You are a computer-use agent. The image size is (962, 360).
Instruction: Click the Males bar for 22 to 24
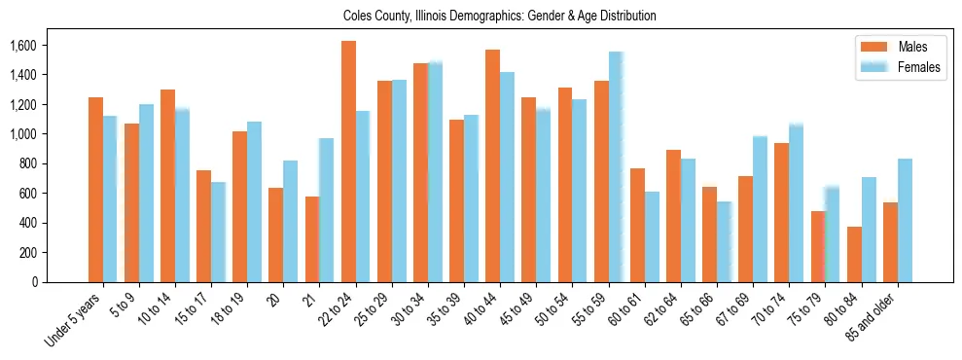click(x=348, y=162)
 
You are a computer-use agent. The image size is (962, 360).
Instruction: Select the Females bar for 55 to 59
click(x=616, y=167)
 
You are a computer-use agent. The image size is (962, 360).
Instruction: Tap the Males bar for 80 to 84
click(x=854, y=254)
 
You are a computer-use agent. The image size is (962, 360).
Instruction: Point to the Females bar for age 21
click(x=326, y=210)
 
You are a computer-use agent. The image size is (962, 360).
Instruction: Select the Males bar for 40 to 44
click(x=493, y=165)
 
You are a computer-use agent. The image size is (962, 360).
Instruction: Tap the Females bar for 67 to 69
click(x=760, y=209)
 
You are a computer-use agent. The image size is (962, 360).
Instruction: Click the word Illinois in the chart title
click(x=435, y=16)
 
